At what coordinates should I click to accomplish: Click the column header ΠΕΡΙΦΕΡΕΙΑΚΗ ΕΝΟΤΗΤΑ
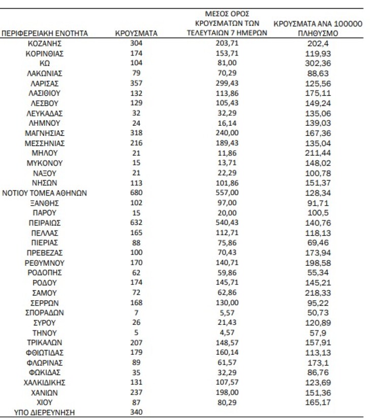pos(45,34)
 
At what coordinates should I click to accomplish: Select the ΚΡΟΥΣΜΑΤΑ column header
pos(136,34)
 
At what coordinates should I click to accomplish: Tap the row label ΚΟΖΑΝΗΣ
pos(45,44)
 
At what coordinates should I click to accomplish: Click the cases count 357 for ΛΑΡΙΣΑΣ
pos(136,83)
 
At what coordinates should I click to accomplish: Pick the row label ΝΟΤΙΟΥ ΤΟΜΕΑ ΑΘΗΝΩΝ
pos(45,193)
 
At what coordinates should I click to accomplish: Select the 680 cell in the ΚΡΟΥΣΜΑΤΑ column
pos(136,193)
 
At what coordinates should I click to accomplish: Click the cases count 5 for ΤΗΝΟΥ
pos(136,332)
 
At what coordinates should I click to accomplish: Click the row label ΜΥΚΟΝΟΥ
pos(45,163)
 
